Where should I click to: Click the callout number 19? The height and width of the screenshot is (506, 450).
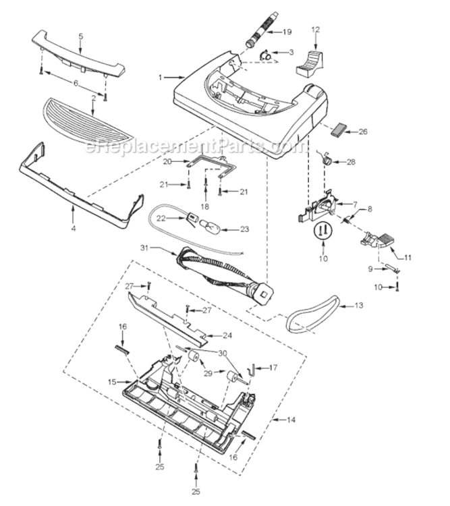click(x=287, y=32)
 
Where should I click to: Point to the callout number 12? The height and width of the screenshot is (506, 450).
click(x=315, y=30)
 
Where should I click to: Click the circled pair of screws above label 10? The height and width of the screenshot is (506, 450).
click(x=323, y=231)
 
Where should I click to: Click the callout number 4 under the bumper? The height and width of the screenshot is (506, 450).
click(x=74, y=228)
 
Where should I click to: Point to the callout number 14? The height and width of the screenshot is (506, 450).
click(x=291, y=420)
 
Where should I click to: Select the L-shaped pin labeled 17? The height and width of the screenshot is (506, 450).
click(x=251, y=374)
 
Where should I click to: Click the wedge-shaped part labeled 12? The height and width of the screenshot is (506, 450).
click(x=310, y=63)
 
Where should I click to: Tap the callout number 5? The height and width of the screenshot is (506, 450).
click(x=81, y=36)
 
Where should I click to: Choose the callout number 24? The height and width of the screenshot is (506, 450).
click(x=227, y=335)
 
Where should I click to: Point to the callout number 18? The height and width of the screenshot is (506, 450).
click(x=204, y=206)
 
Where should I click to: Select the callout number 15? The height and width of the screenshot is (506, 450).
click(x=112, y=382)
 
